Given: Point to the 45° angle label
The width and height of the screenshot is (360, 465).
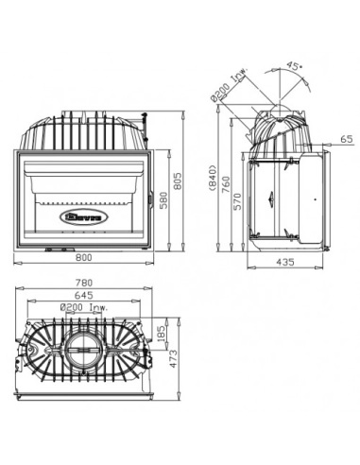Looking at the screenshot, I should pos(295,67).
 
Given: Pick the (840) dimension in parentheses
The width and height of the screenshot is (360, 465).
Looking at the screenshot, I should pos(214,179).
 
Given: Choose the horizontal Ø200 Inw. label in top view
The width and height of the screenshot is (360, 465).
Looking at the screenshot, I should pos(83,307).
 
